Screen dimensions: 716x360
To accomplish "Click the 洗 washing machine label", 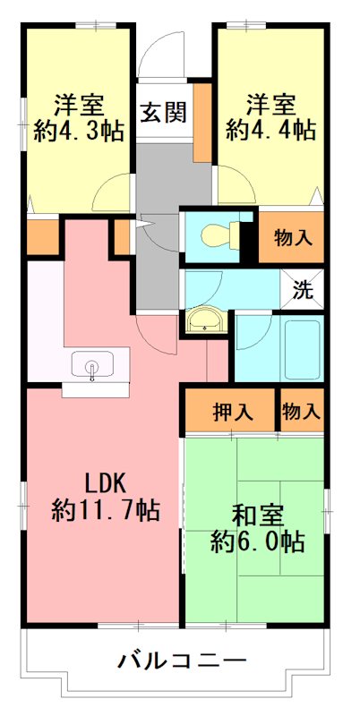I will coord(304,289).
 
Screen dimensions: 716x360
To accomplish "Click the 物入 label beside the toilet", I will coord(293,238).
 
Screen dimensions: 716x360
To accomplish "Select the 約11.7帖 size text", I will coord(106,511).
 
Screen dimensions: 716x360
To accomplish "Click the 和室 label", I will coord(258,516).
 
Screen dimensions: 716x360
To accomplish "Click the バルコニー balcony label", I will coord(182,661).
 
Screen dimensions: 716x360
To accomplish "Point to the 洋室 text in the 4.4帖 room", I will coord(270,102).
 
